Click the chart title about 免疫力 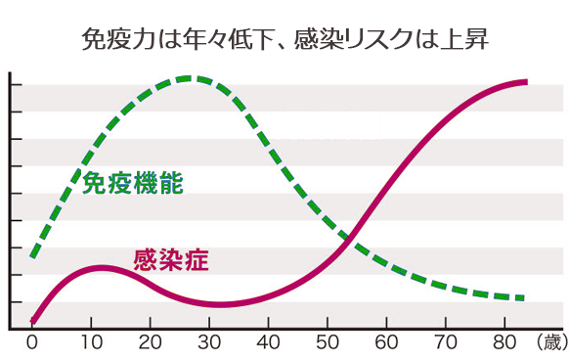click(284, 39)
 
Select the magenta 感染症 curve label click(170, 260)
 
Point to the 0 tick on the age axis click(31, 342)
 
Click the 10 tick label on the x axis click(91, 342)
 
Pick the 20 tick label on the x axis click(150, 342)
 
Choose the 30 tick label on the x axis click(209, 342)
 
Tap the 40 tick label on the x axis click(269, 342)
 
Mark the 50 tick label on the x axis click(328, 342)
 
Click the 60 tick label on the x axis click(387, 342)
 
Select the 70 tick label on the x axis click(446, 342)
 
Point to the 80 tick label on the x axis click(505, 342)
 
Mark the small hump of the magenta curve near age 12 click(103, 267)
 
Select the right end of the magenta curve click(525, 81)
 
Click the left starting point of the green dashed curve click(33, 256)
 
